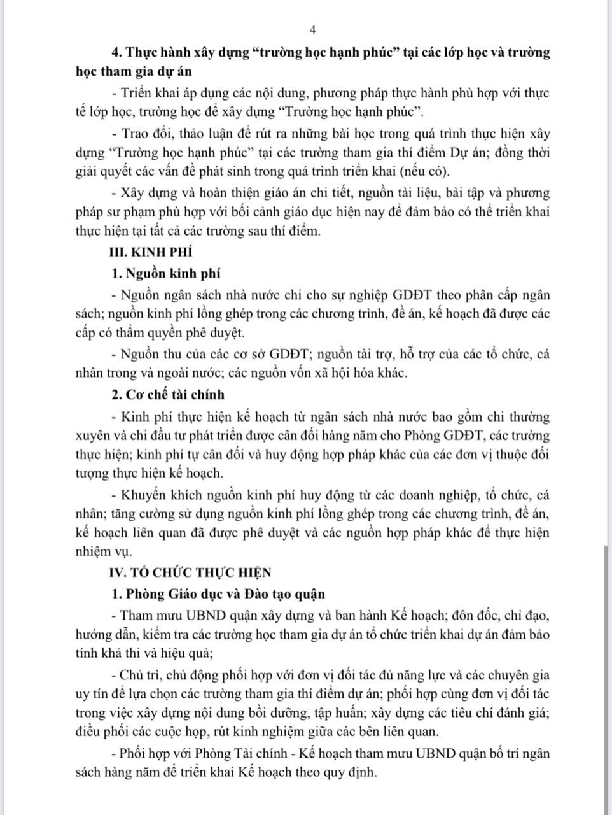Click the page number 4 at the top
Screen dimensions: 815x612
pos(312,29)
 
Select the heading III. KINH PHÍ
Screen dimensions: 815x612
pos(151,252)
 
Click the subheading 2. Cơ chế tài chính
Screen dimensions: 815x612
pos(168,395)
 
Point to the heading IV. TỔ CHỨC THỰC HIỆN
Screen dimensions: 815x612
pos(191,572)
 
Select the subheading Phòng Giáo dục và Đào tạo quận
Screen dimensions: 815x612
pos(225,593)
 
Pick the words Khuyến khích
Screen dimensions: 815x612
pos(150,495)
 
